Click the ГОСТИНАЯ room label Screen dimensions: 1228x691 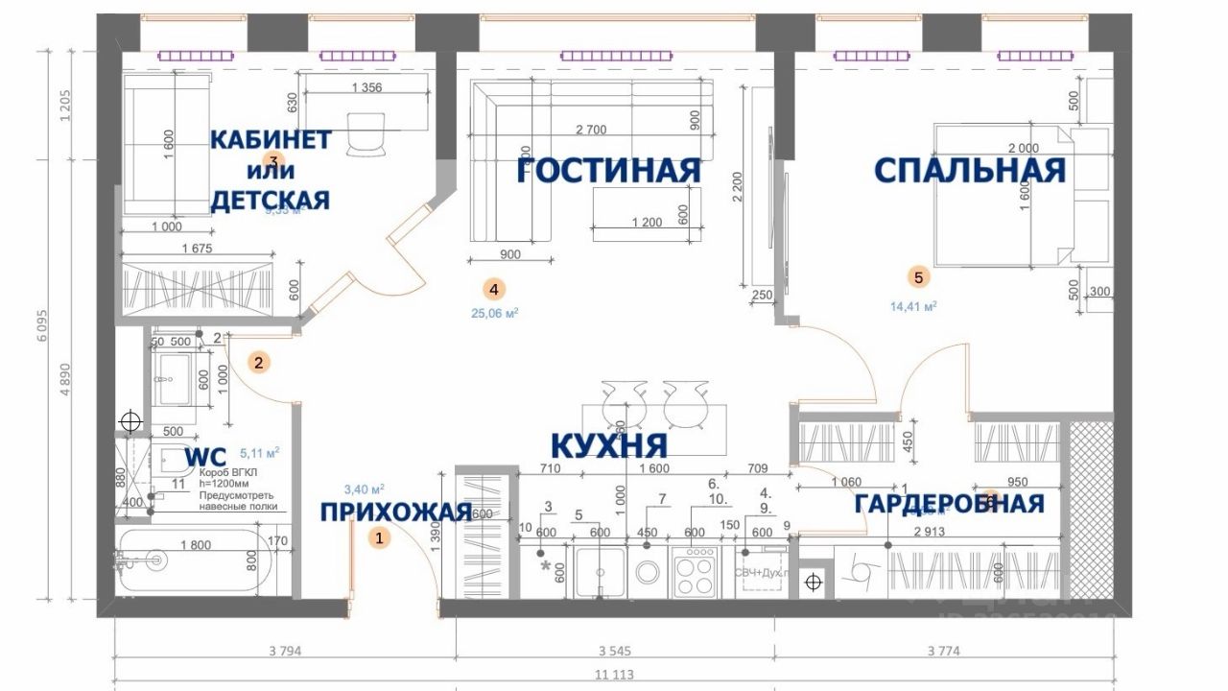[608, 171]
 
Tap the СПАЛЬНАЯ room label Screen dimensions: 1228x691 [970, 171]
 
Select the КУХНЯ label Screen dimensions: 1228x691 [608, 445]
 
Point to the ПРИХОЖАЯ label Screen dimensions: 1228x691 [396, 512]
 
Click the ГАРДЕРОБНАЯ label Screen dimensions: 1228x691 [949, 503]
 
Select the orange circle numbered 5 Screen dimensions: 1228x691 [918, 278]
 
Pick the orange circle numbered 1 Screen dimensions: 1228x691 [380, 538]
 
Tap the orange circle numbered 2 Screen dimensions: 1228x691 [257, 363]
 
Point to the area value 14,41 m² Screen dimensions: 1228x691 [913, 306]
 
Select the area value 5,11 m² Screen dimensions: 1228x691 [259, 451]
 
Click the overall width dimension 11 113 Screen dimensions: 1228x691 [614, 675]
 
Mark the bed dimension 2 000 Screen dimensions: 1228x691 [1024, 148]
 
